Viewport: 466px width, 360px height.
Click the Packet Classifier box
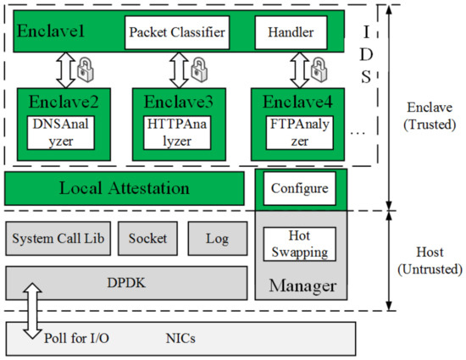177,35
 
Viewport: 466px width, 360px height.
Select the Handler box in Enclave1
291,35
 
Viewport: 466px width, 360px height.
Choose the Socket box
149,239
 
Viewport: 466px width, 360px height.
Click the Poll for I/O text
77,338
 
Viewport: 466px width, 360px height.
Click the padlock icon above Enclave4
319,65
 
